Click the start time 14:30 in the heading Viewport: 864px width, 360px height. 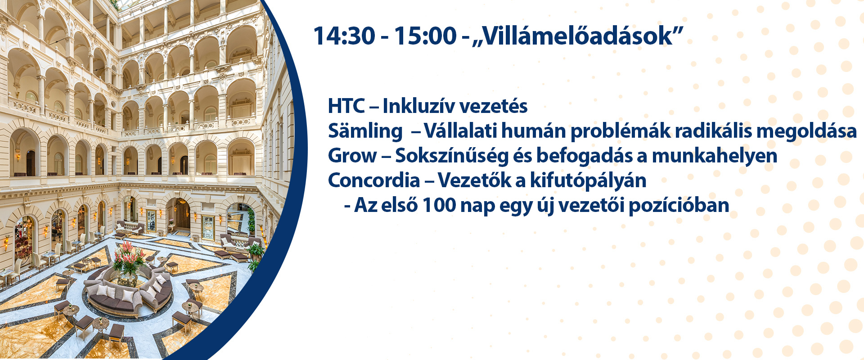tap(344, 36)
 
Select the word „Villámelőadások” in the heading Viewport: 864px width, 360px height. tap(578, 36)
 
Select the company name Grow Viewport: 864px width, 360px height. tap(352, 156)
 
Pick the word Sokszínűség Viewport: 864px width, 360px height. tap(452, 156)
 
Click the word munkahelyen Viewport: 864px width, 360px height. tap(715, 156)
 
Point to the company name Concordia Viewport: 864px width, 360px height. tap(374, 180)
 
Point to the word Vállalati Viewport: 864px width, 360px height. tap(460, 131)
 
